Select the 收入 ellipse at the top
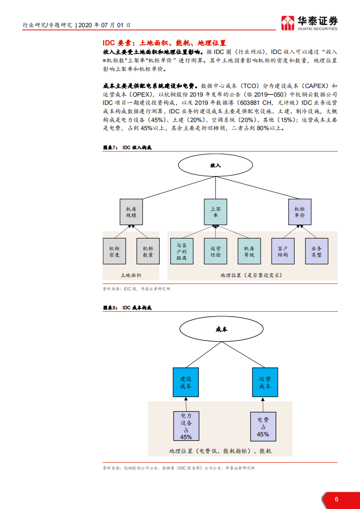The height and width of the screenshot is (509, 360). pos(216,166)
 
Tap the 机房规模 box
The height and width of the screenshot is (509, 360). pos(131,212)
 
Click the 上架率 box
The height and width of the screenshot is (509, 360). pos(216,212)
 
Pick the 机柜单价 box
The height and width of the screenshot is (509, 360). pos(300,212)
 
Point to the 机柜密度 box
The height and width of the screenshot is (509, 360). pos(114,251)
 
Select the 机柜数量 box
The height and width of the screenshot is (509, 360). pos(148,251)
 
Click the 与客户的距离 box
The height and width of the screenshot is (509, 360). pos(182,251)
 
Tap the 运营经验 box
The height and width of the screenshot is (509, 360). pos(216,251)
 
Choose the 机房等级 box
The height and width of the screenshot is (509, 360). pos(249,251)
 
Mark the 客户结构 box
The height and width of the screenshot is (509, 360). pos(283,251)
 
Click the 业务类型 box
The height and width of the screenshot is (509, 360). pos(316,251)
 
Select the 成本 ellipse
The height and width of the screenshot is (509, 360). pos(222,330)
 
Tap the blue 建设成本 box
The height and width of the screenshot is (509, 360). pos(186,382)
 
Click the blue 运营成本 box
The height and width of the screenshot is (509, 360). pos(265,382)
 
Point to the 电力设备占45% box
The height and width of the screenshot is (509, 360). pos(186,426)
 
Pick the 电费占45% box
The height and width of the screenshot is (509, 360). pos(263,426)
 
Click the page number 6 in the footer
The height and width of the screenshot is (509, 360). pos(336,499)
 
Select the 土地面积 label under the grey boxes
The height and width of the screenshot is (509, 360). pos(131,275)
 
